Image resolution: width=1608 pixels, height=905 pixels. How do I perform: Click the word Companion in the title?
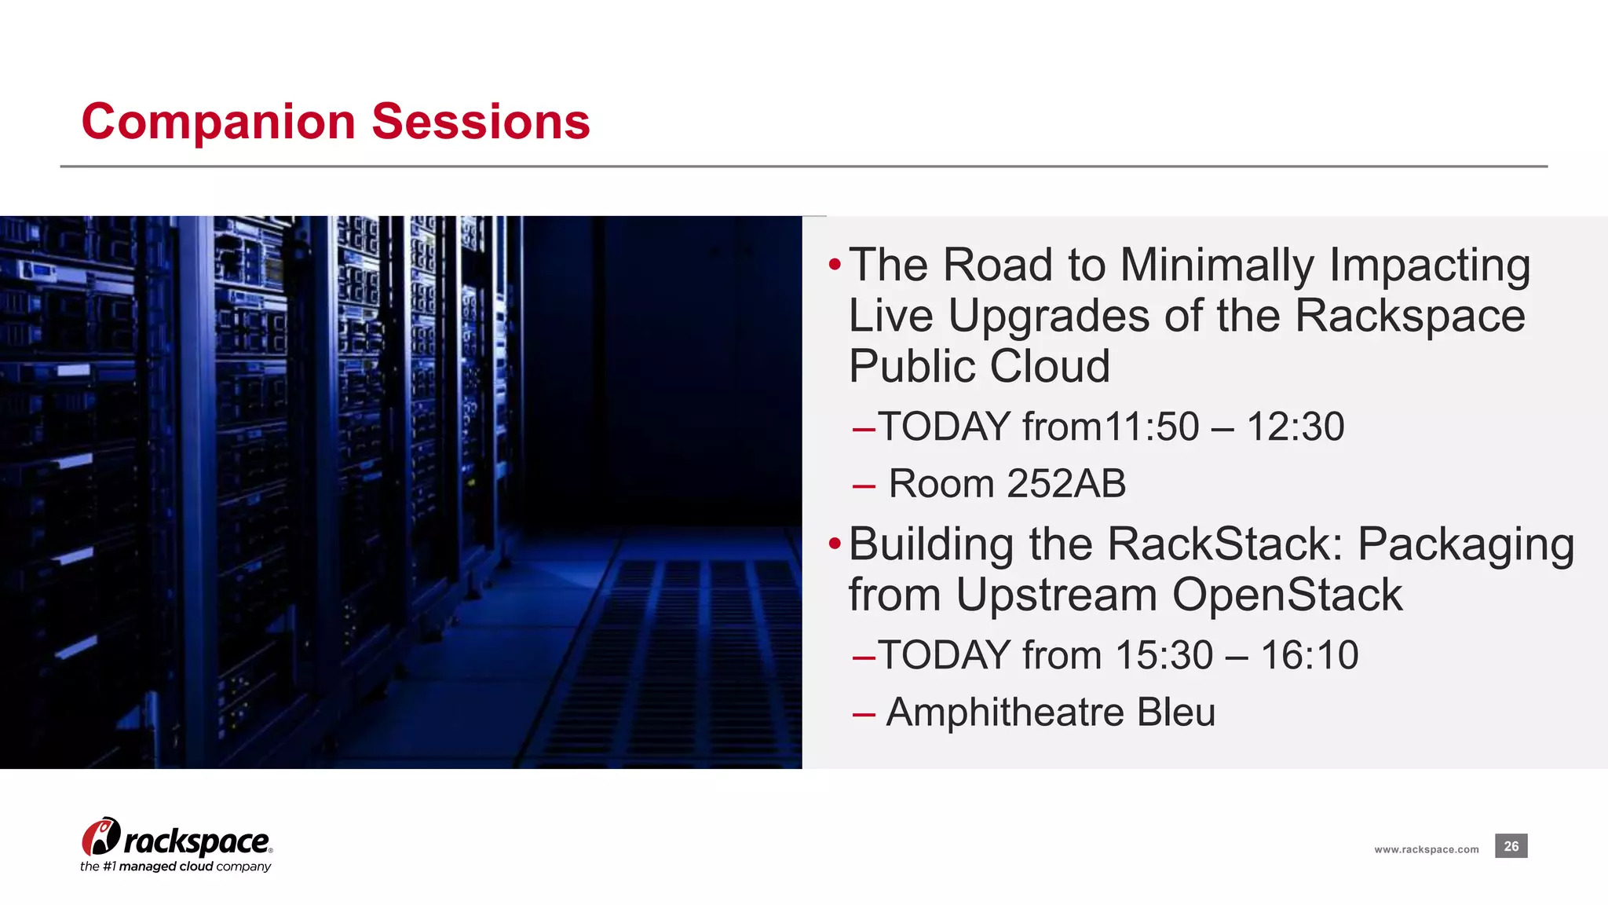coord(218,123)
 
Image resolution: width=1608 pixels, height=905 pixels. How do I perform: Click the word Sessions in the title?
coord(480,123)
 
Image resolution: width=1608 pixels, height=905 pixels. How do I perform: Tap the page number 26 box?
coord(1511,846)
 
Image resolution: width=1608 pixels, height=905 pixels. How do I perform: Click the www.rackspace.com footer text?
coord(1426,849)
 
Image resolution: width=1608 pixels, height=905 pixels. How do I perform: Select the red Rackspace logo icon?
coord(100,837)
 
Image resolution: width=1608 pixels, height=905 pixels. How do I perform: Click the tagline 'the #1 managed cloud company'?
coord(175,867)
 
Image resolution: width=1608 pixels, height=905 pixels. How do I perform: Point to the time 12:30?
coord(1295,427)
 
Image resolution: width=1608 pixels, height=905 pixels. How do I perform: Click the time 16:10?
coord(1309,655)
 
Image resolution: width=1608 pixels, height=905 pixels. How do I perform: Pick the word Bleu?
coord(1175,713)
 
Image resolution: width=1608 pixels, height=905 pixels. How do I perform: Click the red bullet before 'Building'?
coord(835,543)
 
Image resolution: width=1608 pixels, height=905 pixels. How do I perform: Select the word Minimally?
coord(1216,265)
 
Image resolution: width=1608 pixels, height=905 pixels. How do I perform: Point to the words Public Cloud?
coord(979,366)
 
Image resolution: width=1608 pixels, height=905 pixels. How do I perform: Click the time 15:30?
coord(1163,655)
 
